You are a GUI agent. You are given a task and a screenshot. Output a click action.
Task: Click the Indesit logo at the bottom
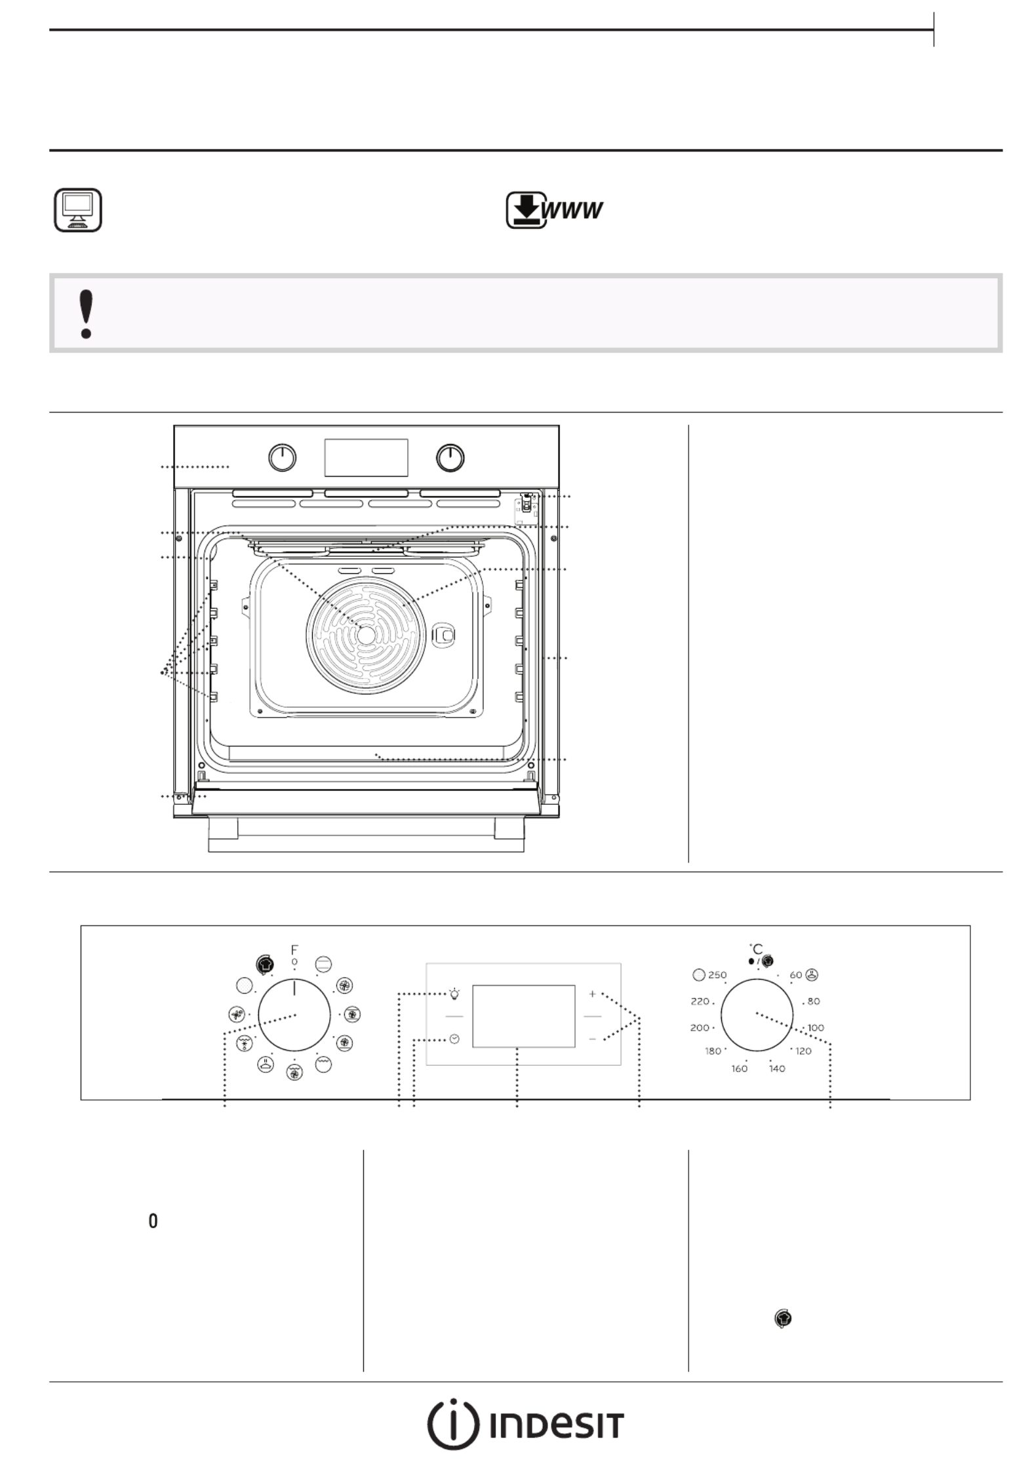tap(525, 1424)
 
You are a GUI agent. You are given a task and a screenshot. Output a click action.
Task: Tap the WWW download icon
tap(554, 210)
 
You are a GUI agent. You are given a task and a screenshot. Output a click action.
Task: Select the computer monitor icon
tap(77, 210)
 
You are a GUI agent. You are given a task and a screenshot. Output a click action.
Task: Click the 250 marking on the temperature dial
tap(717, 975)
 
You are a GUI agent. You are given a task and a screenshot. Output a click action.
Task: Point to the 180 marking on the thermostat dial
tap(713, 1051)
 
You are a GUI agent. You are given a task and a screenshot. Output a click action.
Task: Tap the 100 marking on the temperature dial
tap(816, 1028)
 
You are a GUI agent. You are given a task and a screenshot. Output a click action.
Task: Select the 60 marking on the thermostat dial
tap(795, 975)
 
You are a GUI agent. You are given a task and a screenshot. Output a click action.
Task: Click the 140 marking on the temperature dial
tap(777, 1068)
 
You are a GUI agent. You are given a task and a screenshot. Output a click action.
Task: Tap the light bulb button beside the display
tap(454, 994)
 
